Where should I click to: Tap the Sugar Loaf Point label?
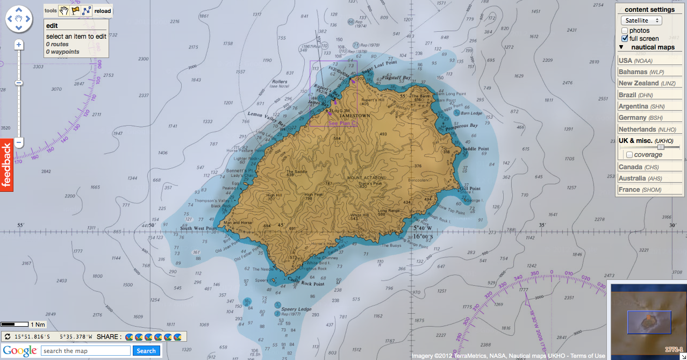(x=378, y=67)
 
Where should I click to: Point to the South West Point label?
(x=198, y=228)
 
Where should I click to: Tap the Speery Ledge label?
(x=297, y=309)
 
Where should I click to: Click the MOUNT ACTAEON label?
(x=366, y=177)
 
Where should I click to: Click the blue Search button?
(x=146, y=351)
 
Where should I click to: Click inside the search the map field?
(x=86, y=351)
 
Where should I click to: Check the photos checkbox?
(x=625, y=31)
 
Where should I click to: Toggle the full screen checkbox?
(x=625, y=39)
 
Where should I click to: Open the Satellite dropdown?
(x=641, y=20)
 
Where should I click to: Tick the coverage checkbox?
(x=629, y=155)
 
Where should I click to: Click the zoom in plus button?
(x=19, y=45)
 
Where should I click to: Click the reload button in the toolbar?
(x=102, y=11)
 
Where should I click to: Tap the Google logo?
(x=19, y=351)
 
